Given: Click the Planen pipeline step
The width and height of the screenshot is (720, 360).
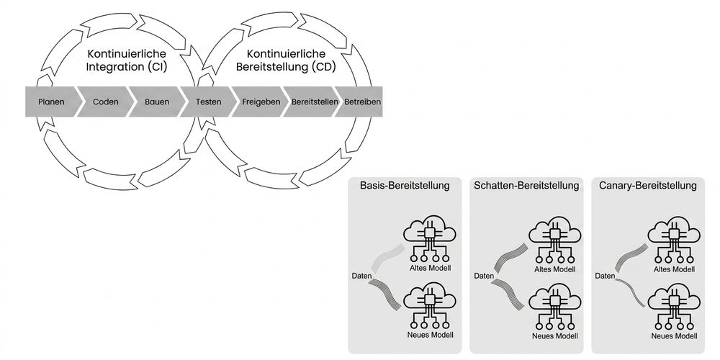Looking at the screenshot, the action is (51, 102).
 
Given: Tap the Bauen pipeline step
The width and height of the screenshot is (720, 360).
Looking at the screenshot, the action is (157, 102).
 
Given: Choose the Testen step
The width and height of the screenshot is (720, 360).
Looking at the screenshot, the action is (209, 102).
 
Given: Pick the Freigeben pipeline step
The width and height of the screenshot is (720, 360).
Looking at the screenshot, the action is (261, 102).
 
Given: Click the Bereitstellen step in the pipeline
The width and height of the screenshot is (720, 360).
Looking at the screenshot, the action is (315, 102).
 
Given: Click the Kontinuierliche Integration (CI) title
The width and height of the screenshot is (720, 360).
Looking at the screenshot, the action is (127, 60).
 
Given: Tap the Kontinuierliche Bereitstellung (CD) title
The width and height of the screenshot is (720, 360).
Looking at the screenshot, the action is (286, 60).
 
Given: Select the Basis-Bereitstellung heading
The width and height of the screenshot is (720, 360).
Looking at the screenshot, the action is (405, 186).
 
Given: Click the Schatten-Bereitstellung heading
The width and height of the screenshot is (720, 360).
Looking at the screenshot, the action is (527, 186).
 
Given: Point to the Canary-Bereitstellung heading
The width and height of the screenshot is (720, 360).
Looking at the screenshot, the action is (648, 186).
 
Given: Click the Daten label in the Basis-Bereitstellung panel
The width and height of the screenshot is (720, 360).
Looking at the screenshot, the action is (362, 276).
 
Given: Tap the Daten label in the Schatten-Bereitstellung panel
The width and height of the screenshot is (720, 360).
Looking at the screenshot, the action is (484, 276).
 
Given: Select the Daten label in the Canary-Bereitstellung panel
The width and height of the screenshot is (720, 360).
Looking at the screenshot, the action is (606, 276).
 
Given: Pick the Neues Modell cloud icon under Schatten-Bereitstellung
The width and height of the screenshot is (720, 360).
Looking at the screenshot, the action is (554, 306).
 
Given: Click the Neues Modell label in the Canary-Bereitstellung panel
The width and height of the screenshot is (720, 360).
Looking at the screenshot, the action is (674, 336).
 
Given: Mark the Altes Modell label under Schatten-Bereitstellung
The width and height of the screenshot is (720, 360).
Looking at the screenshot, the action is (554, 269).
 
